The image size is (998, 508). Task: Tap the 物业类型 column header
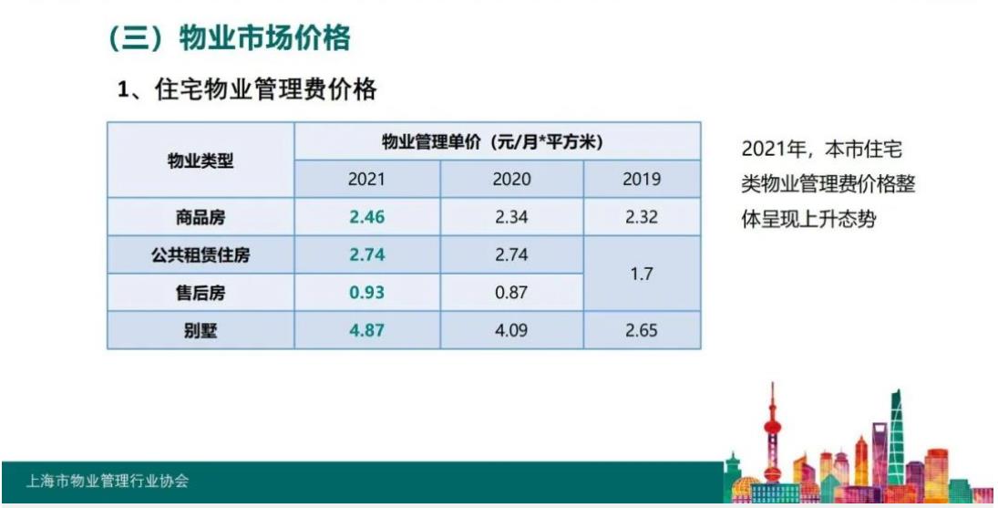(x=201, y=161)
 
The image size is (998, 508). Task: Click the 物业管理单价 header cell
(x=497, y=142)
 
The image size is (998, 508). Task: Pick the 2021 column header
(x=366, y=180)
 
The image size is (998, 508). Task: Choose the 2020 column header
(x=511, y=180)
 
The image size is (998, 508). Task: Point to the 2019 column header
(x=642, y=180)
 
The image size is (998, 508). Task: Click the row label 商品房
(x=201, y=218)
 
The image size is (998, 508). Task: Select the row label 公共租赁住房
(x=201, y=255)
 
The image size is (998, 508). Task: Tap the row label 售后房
(x=201, y=292)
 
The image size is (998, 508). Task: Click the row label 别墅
(x=201, y=329)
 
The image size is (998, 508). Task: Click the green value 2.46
(x=366, y=218)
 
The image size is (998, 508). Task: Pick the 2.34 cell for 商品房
(x=511, y=218)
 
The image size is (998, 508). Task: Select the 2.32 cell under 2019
(x=642, y=218)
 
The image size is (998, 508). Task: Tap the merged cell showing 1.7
(x=642, y=274)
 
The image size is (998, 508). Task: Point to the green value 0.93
(x=366, y=292)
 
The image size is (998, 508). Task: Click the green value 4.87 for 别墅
(x=366, y=329)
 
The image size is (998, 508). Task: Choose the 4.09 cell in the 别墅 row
(x=511, y=329)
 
